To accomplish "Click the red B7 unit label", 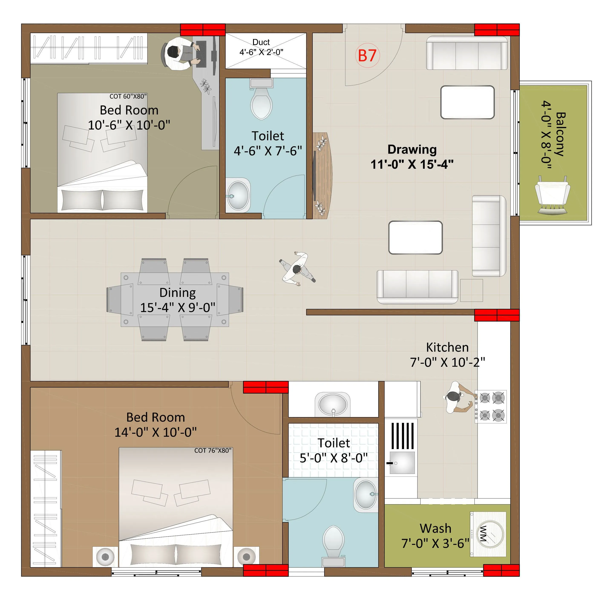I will pos(367,55).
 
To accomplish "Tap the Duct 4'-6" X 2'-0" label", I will pos(261,47).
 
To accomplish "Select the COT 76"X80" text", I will pos(213,450).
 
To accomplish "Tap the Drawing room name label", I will pos(412,149).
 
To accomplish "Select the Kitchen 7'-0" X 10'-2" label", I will pos(447,355).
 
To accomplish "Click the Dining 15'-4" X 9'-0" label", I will pos(177,300).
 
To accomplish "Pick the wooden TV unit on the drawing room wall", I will pos(321,175).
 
